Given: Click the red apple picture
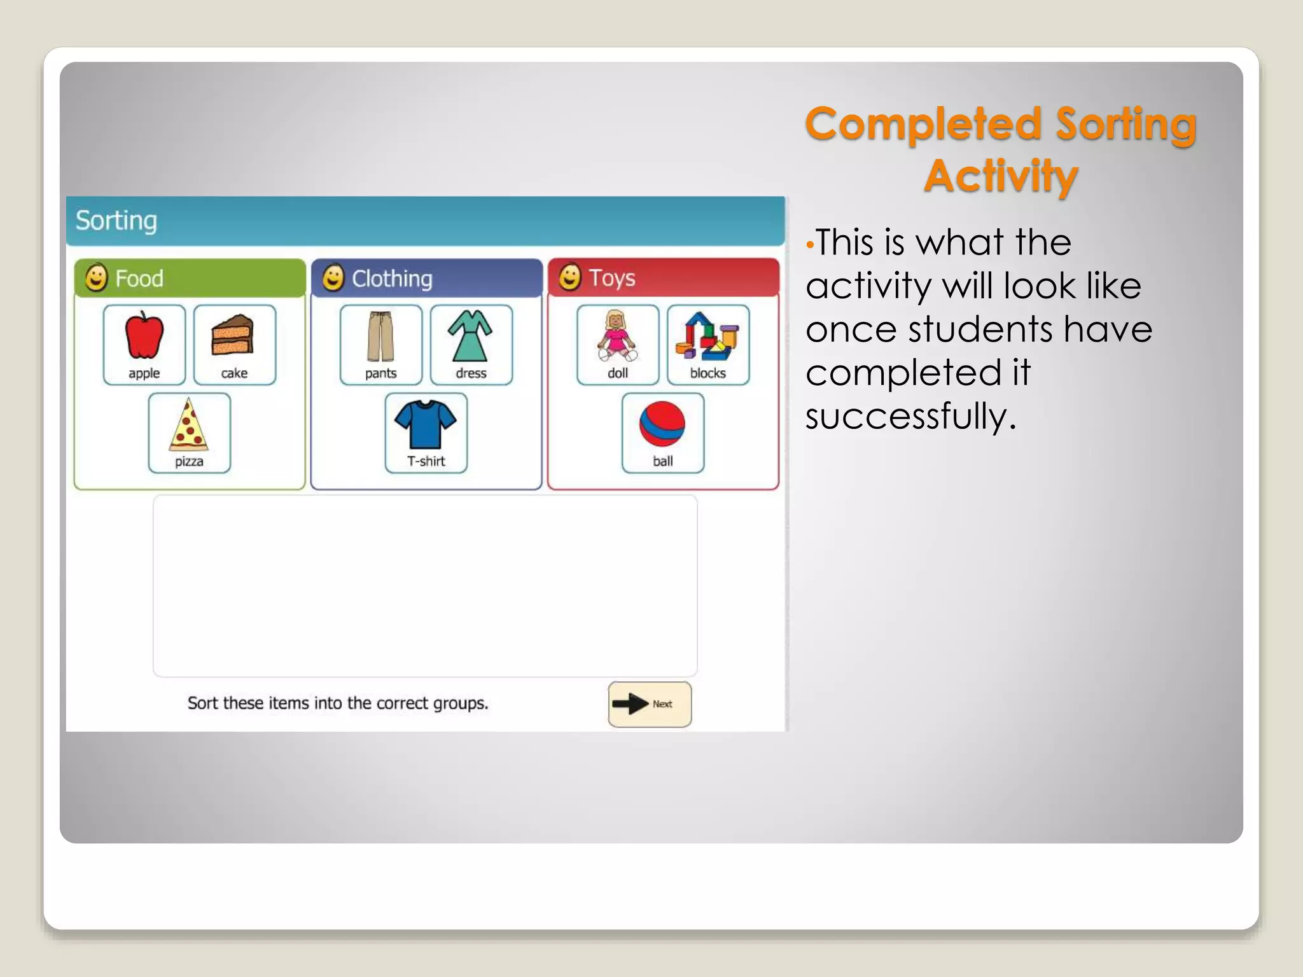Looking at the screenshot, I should (x=144, y=336).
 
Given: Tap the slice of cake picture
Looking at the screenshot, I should (x=233, y=335).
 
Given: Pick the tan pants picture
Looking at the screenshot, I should (x=380, y=336).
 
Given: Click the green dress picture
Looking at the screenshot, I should (x=470, y=336).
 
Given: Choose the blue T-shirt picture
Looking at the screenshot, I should (x=426, y=423).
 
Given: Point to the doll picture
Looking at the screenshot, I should (x=617, y=336).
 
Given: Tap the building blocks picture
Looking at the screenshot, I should (x=707, y=336).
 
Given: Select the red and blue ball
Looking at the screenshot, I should (x=662, y=424).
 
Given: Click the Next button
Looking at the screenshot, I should (x=650, y=704).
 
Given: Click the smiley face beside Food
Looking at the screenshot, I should (x=97, y=278).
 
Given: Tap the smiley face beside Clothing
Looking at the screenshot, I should (x=333, y=278).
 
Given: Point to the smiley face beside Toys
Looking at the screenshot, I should (x=570, y=277).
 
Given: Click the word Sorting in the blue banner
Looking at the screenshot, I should (x=116, y=221).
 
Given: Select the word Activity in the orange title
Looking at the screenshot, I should (x=1001, y=176).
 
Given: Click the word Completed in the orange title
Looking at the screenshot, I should (x=923, y=123).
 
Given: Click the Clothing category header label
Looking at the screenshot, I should (x=392, y=279).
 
